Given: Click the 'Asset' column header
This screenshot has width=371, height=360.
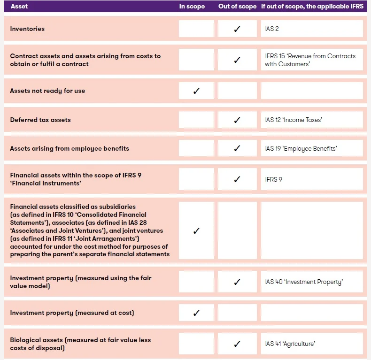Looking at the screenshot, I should click(x=19, y=6).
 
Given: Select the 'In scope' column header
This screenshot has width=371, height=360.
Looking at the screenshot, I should click(x=192, y=6).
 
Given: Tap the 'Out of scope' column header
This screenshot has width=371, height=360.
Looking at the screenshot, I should click(x=237, y=6).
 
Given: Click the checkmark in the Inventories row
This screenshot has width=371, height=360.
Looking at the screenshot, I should click(x=237, y=29).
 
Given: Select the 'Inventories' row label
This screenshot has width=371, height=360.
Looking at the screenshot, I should click(x=27, y=29).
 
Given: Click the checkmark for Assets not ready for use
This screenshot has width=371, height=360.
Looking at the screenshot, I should click(x=196, y=91).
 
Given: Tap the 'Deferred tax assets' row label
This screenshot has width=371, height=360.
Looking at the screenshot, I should click(x=40, y=120).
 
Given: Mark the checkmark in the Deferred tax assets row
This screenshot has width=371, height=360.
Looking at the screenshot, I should click(x=237, y=120).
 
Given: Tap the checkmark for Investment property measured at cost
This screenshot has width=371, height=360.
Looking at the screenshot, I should click(x=196, y=313).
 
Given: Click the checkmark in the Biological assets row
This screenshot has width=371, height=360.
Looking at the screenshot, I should click(x=237, y=344).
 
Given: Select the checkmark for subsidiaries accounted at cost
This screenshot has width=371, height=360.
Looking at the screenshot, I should click(x=196, y=231).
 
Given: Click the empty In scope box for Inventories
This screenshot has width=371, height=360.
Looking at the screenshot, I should click(x=196, y=29).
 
